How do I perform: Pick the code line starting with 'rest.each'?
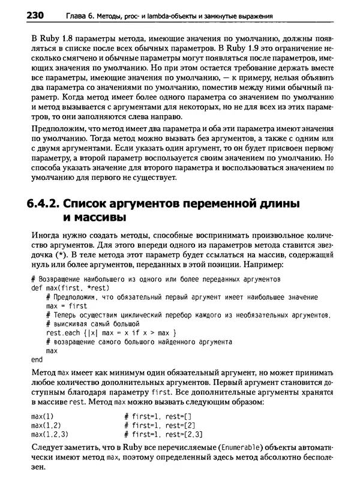coord(110,332)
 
